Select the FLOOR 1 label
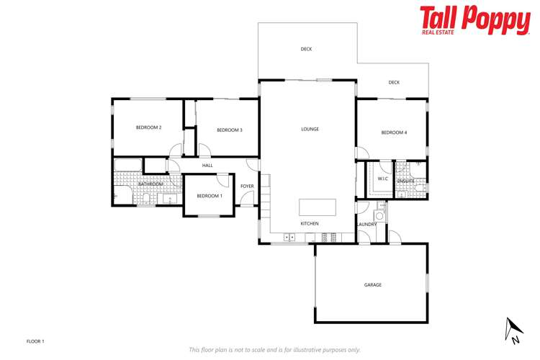tap(35, 341)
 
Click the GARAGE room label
tap(372, 285)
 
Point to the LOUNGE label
tap(310, 130)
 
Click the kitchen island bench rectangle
tap(318, 207)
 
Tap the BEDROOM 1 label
tap(210, 197)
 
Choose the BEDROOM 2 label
tap(148, 127)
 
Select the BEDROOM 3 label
tap(229, 130)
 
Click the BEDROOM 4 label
tap(394, 132)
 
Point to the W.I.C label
tap(383, 179)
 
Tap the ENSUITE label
tap(405, 181)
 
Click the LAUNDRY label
tap(366, 225)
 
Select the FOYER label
tap(247, 186)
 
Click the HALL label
tap(207, 166)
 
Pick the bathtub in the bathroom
tap(128, 166)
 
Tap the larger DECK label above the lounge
tap(306, 50)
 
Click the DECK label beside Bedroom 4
tap(394, 83)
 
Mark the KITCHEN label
tap(310, 224)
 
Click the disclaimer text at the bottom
tap(274, 350)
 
